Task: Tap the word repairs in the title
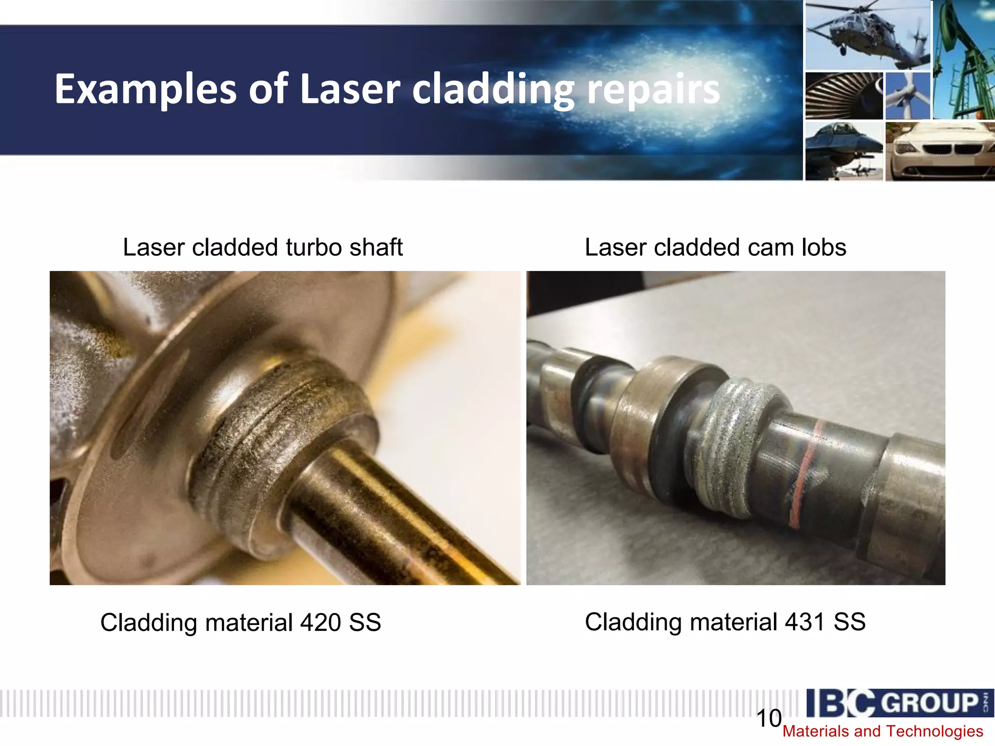[653, 89]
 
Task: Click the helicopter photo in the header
[867, 35]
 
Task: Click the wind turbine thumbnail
[907, 96]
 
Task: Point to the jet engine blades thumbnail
[843, 96]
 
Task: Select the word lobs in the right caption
[823, 247]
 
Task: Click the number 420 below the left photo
[320, 623]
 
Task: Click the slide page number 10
[769, 718]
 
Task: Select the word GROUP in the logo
[929, 703]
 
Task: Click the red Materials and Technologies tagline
[882, 731]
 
